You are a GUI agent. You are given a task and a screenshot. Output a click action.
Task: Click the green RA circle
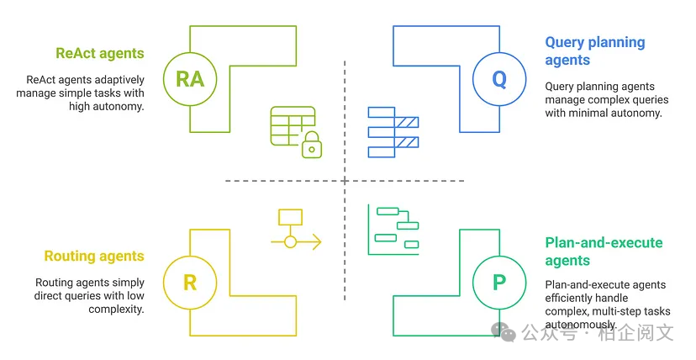[190, 79]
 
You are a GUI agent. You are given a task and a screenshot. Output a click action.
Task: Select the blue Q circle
[499, 79]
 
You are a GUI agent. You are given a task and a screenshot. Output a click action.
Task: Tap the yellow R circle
[190, 282]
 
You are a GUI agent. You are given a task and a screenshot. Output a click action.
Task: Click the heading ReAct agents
[100, 53]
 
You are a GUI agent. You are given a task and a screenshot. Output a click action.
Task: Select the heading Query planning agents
[594, 50]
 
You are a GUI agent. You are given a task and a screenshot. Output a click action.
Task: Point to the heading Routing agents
[94, 256]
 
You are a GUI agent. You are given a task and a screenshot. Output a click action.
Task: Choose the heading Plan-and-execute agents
[604, 251]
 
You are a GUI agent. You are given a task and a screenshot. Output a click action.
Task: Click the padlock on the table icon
[311, 146]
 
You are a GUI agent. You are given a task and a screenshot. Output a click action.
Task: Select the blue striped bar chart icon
[393, 131]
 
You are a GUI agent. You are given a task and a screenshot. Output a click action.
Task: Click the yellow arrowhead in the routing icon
[317, 242]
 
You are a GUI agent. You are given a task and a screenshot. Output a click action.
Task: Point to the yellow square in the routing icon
[290, 216]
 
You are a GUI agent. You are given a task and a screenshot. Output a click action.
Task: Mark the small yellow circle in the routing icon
[290, 242]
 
